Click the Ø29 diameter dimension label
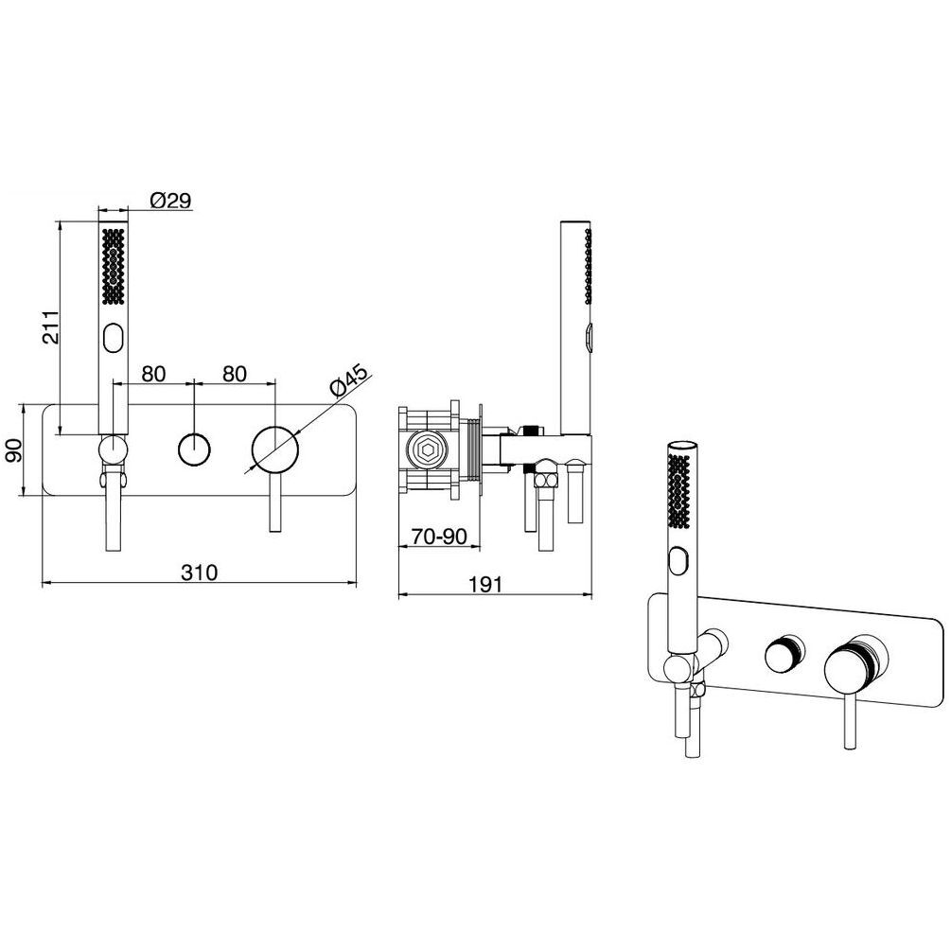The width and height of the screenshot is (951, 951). pos(171,200)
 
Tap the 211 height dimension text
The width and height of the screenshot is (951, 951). pos(51,326)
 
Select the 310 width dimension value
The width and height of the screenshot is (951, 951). pos(200,572)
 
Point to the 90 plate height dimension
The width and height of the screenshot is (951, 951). pos(13,450)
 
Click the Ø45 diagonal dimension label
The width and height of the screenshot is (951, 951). pos(348,380)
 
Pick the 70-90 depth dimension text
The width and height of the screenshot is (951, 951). pos(439,537)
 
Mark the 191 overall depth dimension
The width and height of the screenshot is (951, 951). pos(485,585)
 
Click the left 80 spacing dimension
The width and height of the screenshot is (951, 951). pos(153,374)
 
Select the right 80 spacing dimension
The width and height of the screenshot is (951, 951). pos(235,374)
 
